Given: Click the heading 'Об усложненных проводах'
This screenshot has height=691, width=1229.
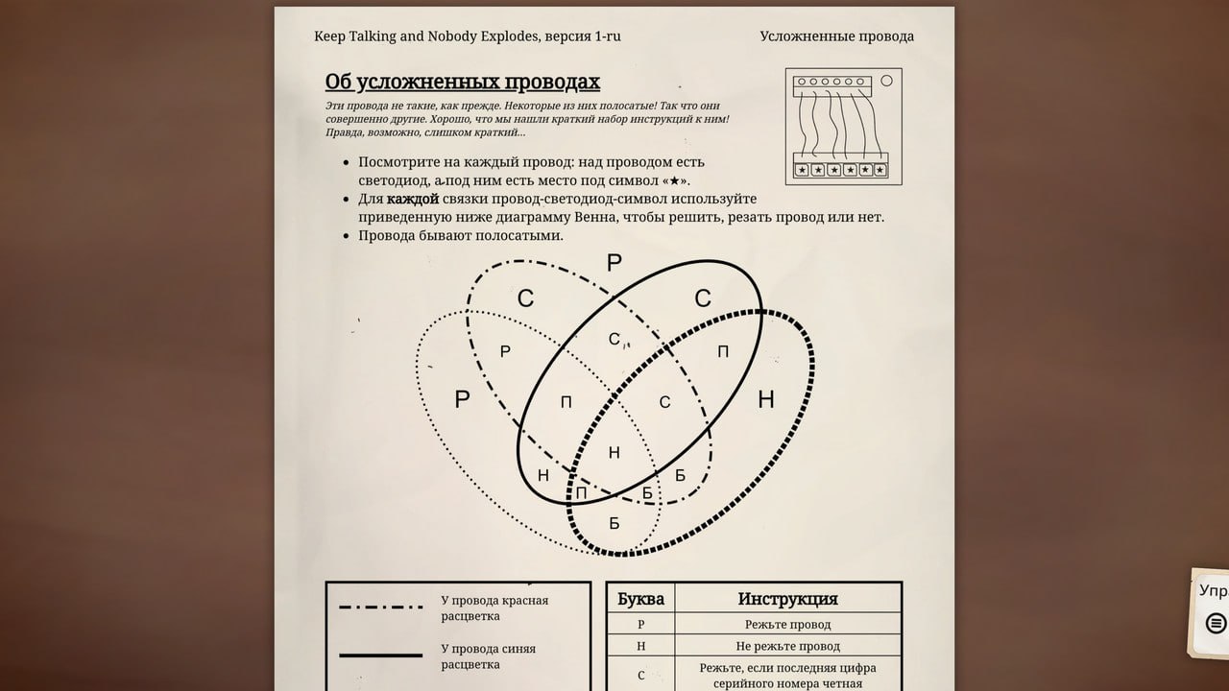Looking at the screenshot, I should (x=462, y=82).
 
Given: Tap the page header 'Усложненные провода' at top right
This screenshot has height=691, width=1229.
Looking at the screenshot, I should (x=836, y=36).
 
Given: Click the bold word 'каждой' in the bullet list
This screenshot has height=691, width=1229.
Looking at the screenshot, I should (x=413, y=199).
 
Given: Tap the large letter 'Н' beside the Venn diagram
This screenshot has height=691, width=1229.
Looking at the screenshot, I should (x=765, y=399).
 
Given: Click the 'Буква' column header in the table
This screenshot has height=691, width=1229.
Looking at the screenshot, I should (x=640, y=599).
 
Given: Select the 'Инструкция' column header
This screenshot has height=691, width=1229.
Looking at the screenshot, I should (x=787, y=599).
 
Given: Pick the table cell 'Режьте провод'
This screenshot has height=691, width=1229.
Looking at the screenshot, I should (x=787, y=624).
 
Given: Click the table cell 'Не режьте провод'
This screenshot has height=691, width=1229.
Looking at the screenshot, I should (x=787, y=646).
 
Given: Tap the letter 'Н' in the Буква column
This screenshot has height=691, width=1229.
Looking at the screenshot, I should (x=640, y=646).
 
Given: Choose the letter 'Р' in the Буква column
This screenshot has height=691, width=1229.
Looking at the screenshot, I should (x=640, y=624).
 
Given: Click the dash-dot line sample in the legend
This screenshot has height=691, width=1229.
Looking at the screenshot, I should (x=381, y=608).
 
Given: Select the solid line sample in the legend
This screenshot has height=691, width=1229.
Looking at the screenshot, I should (x=381, y=655).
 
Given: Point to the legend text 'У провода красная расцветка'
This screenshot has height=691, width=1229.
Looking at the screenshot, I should (x=494, y=608).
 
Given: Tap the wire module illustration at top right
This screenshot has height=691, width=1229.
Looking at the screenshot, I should (x=844, y=126).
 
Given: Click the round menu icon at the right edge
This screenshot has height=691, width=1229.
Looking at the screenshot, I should (x=1216, y=623).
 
